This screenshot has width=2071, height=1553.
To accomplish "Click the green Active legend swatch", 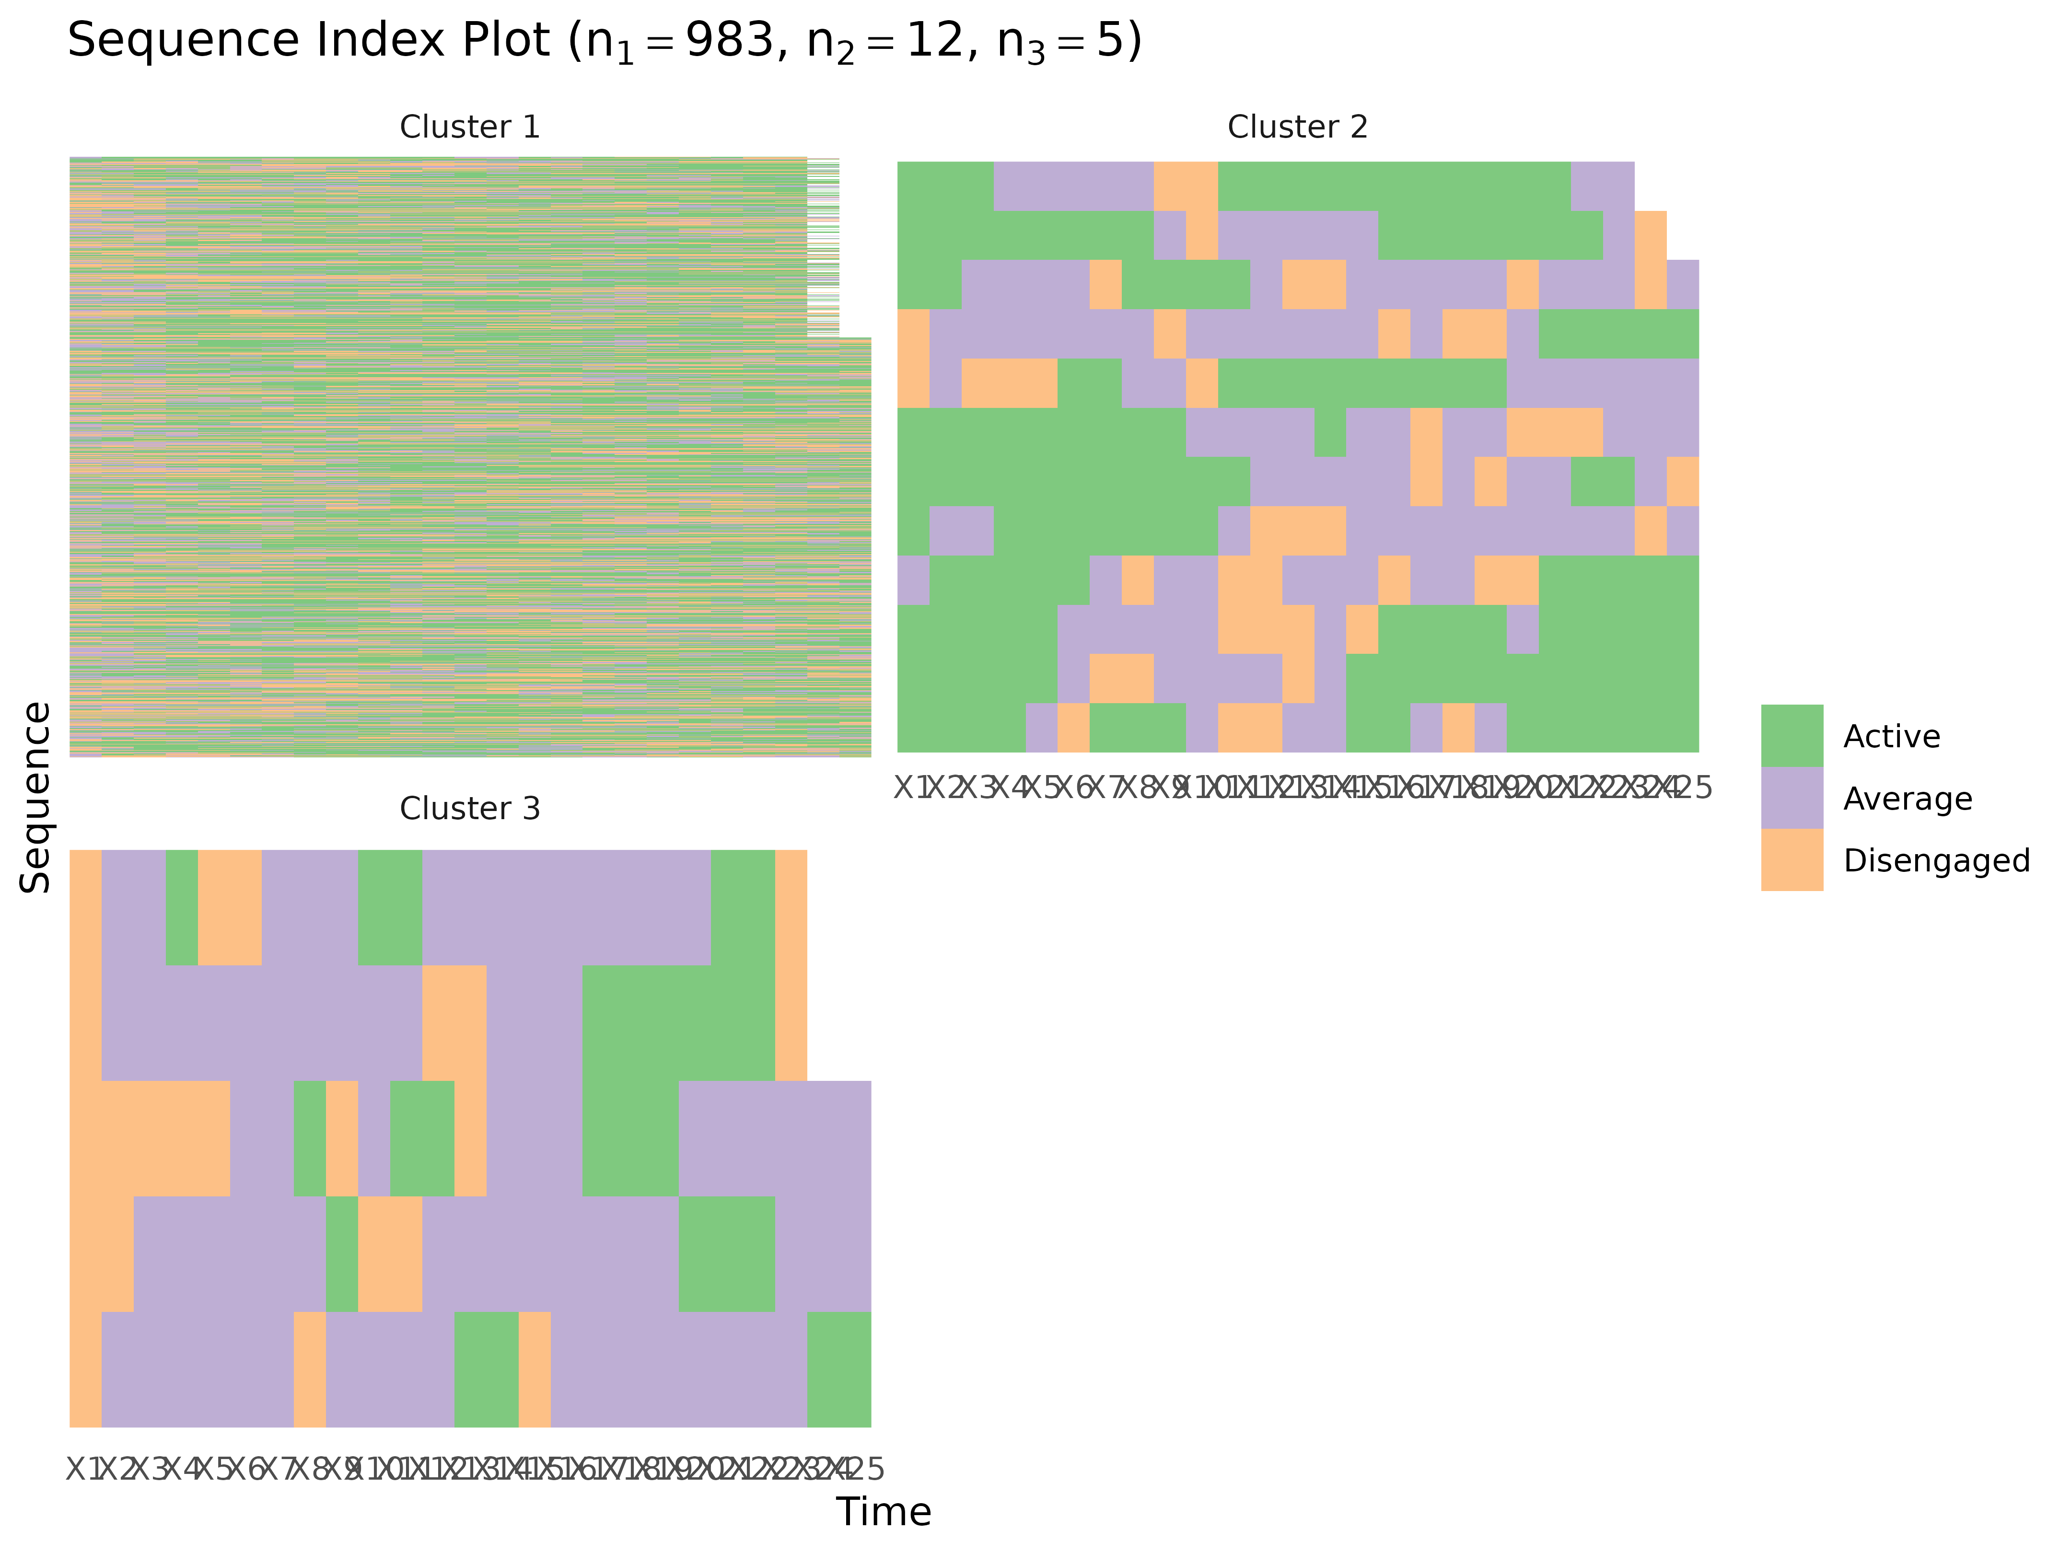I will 1792,736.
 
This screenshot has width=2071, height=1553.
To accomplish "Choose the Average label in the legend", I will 1907,799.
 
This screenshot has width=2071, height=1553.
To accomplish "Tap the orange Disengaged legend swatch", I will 1792,860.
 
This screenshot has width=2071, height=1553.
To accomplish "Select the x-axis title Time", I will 884,1512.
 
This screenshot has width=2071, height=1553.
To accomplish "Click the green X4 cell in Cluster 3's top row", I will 182,907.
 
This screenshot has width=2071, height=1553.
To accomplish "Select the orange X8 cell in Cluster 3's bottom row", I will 310,1369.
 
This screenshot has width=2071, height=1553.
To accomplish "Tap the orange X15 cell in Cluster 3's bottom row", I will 535,1369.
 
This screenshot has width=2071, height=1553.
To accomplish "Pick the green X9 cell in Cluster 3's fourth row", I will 342,1254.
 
